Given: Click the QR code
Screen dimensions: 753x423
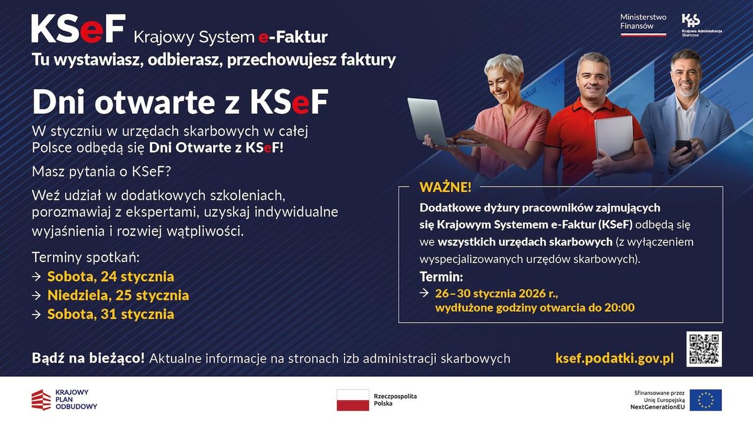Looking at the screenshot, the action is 704,349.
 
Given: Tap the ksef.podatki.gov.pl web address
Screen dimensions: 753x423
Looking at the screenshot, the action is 615,359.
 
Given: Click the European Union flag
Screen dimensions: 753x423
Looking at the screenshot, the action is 706,400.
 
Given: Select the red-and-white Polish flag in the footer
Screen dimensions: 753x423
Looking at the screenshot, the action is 353,400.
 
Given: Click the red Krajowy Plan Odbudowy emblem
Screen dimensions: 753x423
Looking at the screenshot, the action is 41,400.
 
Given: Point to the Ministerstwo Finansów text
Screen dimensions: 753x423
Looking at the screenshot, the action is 643,22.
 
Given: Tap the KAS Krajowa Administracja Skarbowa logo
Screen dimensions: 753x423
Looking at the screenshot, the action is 701,25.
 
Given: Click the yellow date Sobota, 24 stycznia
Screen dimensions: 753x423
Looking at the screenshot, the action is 111,277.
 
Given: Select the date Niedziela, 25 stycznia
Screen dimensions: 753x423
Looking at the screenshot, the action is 118,296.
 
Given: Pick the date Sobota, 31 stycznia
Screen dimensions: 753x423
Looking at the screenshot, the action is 111,314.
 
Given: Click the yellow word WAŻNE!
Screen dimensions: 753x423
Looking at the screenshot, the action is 445,187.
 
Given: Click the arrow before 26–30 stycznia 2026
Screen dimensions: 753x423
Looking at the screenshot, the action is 424,293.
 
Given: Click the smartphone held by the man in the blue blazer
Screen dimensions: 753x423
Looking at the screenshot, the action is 683,147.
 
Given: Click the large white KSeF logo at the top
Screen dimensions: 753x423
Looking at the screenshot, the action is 78,29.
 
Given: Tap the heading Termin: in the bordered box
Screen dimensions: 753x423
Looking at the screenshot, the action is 441,277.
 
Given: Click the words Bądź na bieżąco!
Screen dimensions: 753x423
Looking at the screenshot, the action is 88,359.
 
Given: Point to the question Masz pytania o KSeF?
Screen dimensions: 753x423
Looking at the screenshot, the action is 101,172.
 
